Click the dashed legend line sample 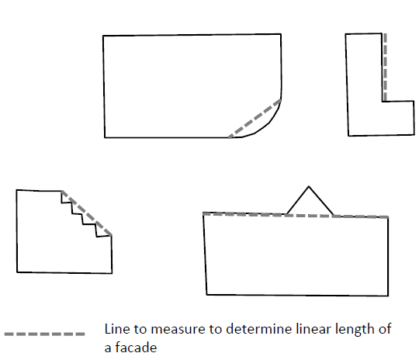(x=45, y=334)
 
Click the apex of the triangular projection (x=309, y=186)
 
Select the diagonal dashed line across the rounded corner (x=255, y=119)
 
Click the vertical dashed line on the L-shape (x=385, y=67)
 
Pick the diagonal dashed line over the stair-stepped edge (x=87, y=213)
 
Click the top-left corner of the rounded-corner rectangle (x=103, y=36)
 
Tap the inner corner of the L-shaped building (x=383, y=102)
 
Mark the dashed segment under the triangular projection (x=310, y=215)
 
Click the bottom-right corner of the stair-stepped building (x=112, y=273)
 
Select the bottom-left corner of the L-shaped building (x=348, y=136)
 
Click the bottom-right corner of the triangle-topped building (x=388, y=296)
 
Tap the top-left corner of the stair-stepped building (x=16, y=190)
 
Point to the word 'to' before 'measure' (x=140, y=329)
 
